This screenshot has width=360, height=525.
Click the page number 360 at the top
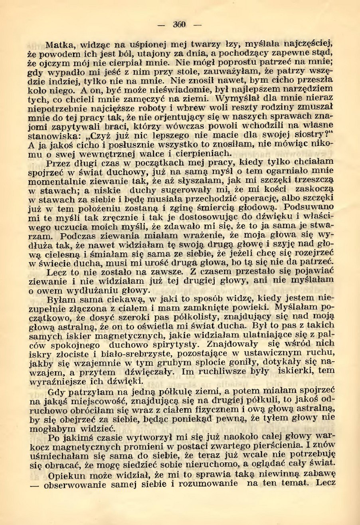click(180, 24)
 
